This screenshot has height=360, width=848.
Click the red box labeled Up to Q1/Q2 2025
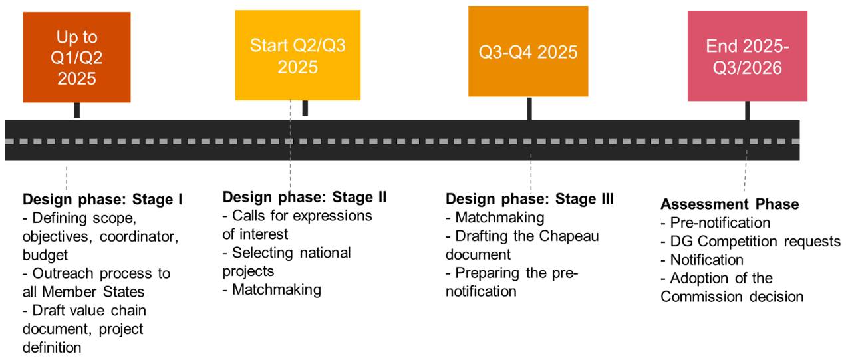click(x=76, y=57)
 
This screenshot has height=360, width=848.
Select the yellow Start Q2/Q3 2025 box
click(x=297, y=56)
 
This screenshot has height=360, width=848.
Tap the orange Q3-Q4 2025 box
click(x=528, y=51)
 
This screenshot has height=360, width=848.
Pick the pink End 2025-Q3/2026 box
click(x=748, y=57)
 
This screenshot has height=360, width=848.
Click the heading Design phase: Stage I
click(x=103, y=199)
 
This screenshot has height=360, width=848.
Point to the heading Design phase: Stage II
click(x=305, y=197)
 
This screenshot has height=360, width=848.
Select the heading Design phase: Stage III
click(x=529, y=198)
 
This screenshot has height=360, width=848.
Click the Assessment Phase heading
click(x=730, y=204)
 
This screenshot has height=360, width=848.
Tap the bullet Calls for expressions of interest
click(x=297, y=225)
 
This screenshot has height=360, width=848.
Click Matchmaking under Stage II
click(x=272, y=289)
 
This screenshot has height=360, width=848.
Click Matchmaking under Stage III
click(x=495, y=217)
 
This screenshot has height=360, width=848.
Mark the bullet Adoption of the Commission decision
click(x=731, y=287)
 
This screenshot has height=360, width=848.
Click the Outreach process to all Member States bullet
click(x=96, y=283)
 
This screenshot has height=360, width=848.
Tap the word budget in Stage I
click(x=45, y=255)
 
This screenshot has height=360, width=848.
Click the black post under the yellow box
click(x=305, y=108)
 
